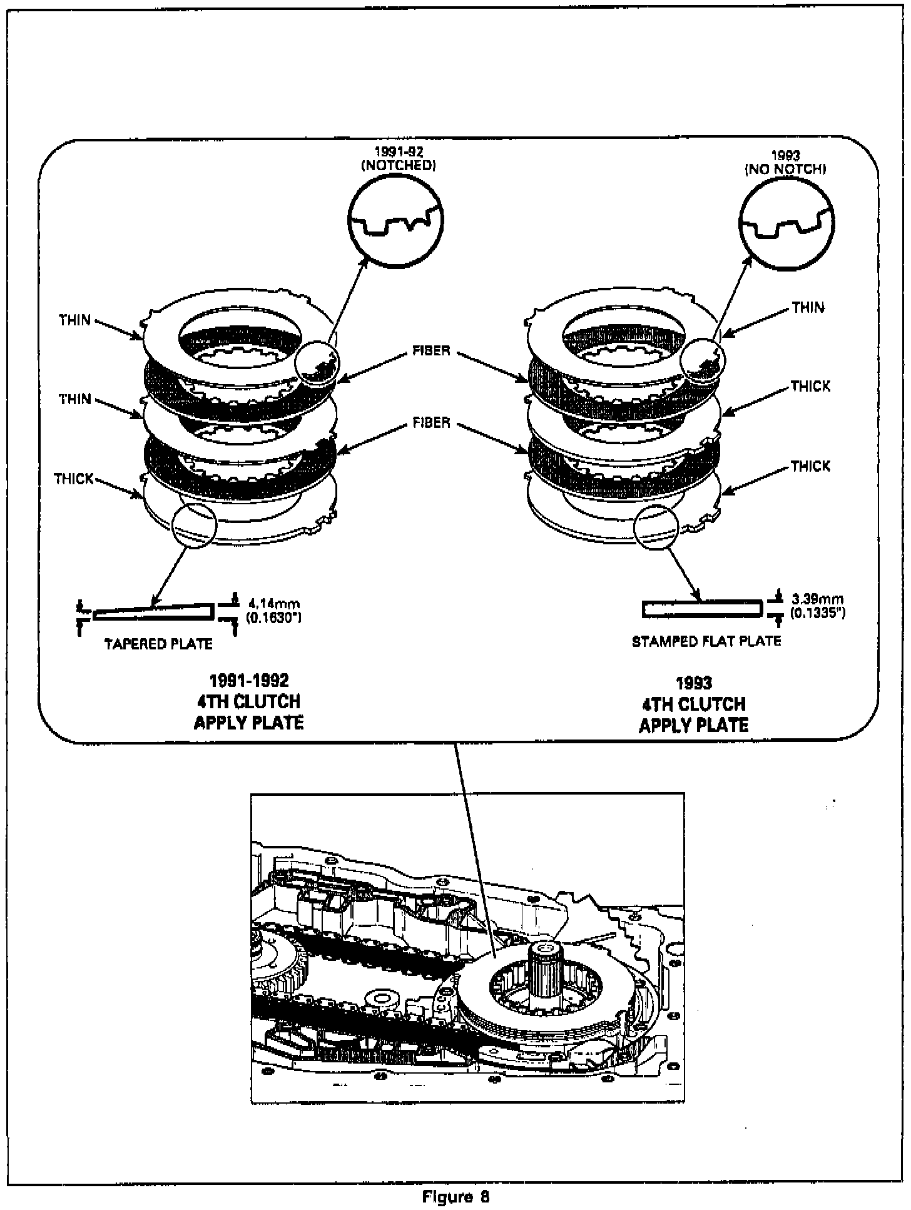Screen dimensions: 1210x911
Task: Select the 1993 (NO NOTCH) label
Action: pos(785,162)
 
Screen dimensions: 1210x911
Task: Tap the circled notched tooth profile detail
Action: pos(395,223)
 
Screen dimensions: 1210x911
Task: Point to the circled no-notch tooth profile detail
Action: pos(786,224)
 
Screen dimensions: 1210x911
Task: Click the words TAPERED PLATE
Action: pos(158,644)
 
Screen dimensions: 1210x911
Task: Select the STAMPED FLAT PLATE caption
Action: pos(706,641)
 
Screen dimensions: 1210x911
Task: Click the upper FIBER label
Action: pos(432,350)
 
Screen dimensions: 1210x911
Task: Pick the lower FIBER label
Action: pos(432,423)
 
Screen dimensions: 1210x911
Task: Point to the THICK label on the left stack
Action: pos(73,479)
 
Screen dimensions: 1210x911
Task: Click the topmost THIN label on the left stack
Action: pos(75,320)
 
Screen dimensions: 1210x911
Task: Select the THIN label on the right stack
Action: pos(808,307)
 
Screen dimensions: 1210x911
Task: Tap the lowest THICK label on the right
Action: pos(810,466)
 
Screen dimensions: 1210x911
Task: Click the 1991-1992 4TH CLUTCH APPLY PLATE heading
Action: pos(248,701)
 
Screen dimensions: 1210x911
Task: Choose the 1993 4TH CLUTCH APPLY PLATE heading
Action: pos(693,704)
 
